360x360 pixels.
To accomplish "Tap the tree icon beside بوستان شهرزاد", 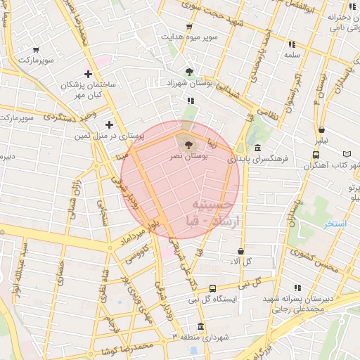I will pyautogui.click(x=189, y=71).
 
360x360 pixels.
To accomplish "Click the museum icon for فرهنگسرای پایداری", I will pyautogui.click(x=258, y=148).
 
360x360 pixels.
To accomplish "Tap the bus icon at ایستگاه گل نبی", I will pyautogui.click(x=213, y=288).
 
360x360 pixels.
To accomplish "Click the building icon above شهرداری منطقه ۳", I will pyautogui.click(x=202, y=327).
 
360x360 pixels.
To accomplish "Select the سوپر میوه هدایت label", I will pyautogui.click(x=189, y=37).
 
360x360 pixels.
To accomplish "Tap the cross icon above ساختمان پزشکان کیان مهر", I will pyautogui.click(x=88, y=74).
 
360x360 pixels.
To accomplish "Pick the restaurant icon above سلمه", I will pyautogui.click(x=291, y=44).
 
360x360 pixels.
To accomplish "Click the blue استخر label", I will pyautogui.click(x=335, y=224).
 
